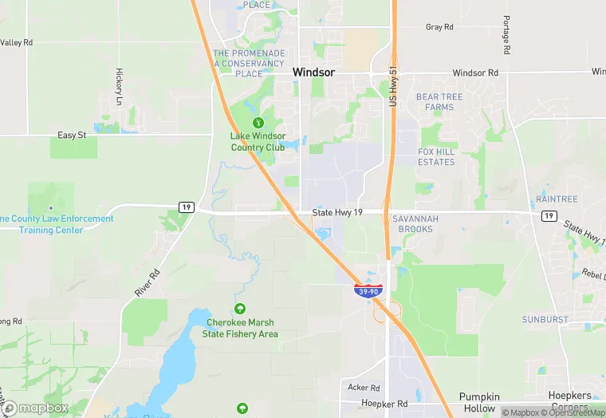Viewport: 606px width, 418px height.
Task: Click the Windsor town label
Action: coord(313,72)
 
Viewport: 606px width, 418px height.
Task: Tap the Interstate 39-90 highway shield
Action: coord(368,291)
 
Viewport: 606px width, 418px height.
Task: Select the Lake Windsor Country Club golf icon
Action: coord(258,123)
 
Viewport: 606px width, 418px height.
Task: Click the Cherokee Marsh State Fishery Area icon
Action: coord(239,309)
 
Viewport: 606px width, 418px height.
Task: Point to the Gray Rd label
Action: coord(439,27)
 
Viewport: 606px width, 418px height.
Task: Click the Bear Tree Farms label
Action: coord(439,102)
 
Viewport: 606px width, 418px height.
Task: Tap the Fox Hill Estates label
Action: coord(436,156)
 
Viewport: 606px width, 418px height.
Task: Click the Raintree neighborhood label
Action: coord(557,198)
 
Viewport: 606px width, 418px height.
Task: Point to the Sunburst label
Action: coord(545,319)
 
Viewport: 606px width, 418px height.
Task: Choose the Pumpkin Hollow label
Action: coord(479,402)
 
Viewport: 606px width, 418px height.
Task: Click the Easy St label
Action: coord(72,136)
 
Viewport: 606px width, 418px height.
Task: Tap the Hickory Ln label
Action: coord(119,86)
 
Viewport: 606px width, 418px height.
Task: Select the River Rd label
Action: coord(148,283)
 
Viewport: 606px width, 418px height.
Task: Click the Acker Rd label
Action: coord(364,387)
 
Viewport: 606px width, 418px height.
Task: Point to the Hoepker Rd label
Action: coord(384,404)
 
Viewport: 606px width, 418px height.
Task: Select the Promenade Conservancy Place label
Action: coord(249,63)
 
